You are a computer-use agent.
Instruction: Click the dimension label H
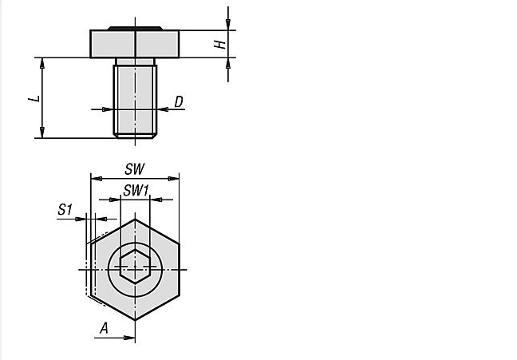(x=220, y=44)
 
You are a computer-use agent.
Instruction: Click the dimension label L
(x=34, y=99)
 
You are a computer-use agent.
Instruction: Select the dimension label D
(x=179, y=101)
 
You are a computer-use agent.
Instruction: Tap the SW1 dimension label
(x=136, y=191)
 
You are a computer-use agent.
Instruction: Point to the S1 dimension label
(x=65, y=209)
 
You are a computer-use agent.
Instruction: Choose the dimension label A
(x=105, y=328)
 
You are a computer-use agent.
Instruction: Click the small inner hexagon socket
(x=135, y=267)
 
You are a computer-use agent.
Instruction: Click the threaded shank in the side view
(x=135, y=101)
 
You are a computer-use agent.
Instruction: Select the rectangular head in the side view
(x=135, y=44)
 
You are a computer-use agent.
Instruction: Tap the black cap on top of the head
(x=135, y=29)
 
